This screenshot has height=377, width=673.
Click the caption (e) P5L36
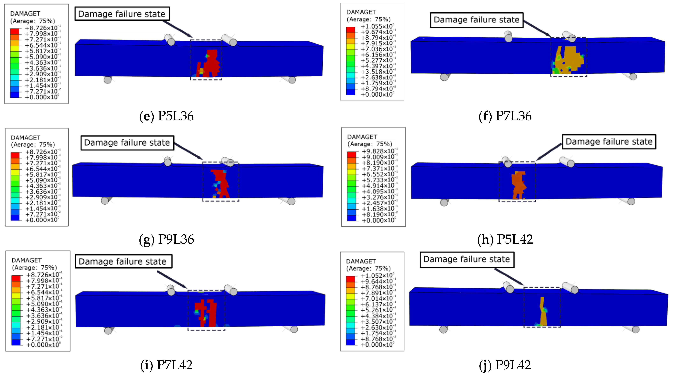coord(166,116)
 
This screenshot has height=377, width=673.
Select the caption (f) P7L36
coord(505,116)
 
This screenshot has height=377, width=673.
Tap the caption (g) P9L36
coord(166,239)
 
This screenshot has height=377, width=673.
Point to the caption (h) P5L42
coord(505,239)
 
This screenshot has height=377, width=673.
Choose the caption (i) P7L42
coord(166,365)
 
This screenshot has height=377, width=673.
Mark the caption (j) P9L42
coord(505,365)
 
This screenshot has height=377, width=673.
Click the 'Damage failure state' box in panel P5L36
coord(122,14)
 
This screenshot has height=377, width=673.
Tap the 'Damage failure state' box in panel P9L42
coord(467,260)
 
